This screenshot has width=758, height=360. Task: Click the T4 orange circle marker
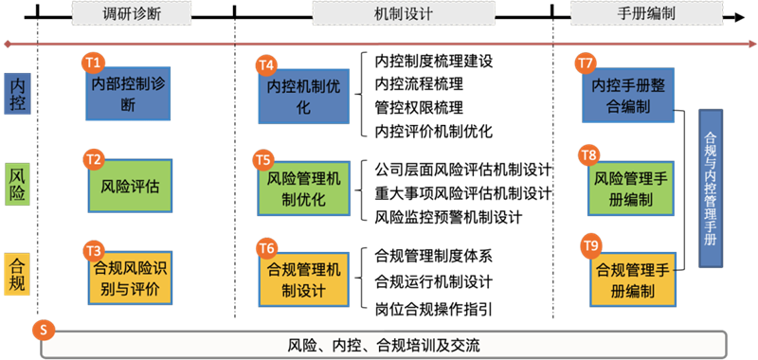266,65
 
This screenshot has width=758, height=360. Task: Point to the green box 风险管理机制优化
304,189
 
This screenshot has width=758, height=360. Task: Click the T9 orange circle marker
590,246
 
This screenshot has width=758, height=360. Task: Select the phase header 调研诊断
132,13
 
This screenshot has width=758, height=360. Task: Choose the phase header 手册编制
629,13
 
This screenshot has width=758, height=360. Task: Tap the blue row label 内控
17,95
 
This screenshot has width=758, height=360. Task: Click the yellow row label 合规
17,276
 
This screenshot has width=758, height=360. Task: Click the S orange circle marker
43,330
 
